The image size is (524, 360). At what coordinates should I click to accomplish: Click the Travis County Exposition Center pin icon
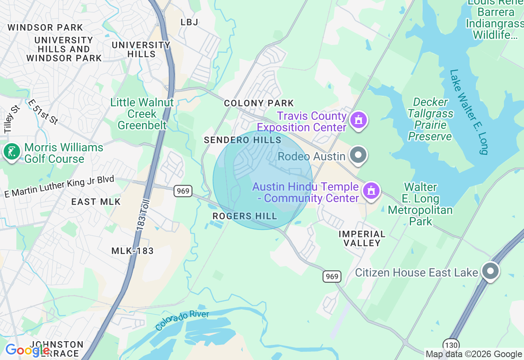[359, 120]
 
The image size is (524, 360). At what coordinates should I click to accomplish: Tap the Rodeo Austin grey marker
[359, 155]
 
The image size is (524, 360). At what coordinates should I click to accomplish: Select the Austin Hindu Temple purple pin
[371, 191]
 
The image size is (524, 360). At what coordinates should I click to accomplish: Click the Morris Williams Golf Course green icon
[11, 152]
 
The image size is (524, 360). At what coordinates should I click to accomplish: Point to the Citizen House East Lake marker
[490, 271]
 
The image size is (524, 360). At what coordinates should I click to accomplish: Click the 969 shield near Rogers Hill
[183, 191]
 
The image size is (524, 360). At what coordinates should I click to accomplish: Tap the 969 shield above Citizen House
[332, 277]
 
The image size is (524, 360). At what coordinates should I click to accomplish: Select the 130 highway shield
[450, 345]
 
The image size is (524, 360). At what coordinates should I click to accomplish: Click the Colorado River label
[182, 320]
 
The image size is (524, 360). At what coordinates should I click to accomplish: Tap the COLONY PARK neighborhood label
[259, 103]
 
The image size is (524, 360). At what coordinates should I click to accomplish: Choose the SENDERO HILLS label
[243, 140]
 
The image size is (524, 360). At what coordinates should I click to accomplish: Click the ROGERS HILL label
[245, 216]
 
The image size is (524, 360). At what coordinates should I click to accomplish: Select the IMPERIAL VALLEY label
[362, 239]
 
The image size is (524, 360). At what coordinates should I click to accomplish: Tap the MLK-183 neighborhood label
[133, 251]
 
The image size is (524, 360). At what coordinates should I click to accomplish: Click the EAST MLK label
[96, 202]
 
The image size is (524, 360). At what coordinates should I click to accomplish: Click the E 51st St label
[43, 112]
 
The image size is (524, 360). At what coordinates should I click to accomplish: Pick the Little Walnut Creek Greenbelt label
[142, 114]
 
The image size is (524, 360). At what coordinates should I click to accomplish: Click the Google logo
[27, 351]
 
